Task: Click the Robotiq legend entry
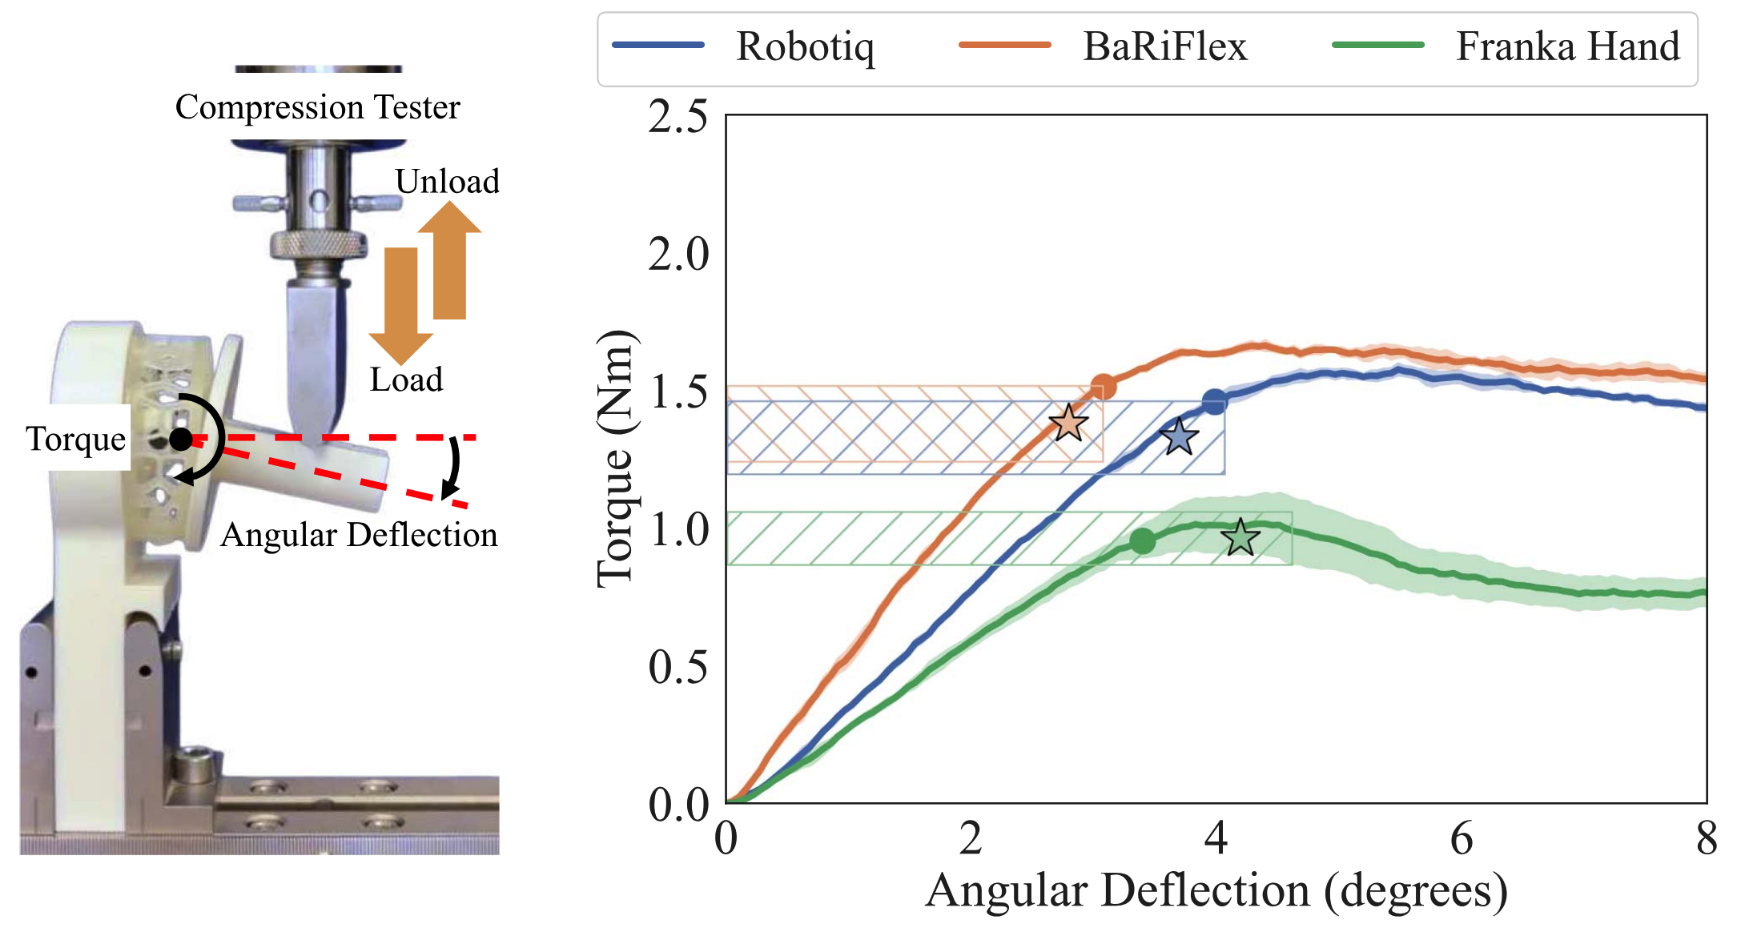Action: click(x=804, y=46)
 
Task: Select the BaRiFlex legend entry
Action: click(x=1164, y=46)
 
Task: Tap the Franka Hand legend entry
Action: click(x=1567, y=46)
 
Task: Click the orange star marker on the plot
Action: click(x=1068, y=423)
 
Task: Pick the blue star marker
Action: click(x=1179, y=437)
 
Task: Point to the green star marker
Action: click(x=1240, y=537)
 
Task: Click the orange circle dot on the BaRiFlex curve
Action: click(x=1104, y=388)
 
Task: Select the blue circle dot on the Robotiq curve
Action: click(x=1214, y=402)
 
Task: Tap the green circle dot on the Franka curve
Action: click(x=1143, y=541)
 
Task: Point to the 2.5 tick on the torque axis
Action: click(x=678, y=117)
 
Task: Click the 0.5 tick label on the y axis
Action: click(x=678, y=666)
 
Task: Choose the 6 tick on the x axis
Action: click(x=1462, y=839)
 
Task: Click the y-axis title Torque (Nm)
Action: click(x=617, y=460)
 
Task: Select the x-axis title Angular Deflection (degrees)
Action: click(x=1216, y=891)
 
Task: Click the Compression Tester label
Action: click(x=317, y=107)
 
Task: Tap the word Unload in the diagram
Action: click(x=447, y=182)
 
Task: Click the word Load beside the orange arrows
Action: click(x=406, y=380)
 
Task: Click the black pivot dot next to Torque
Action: click(x=181, y=439)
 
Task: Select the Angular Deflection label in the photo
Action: click(x=359, y=535)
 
